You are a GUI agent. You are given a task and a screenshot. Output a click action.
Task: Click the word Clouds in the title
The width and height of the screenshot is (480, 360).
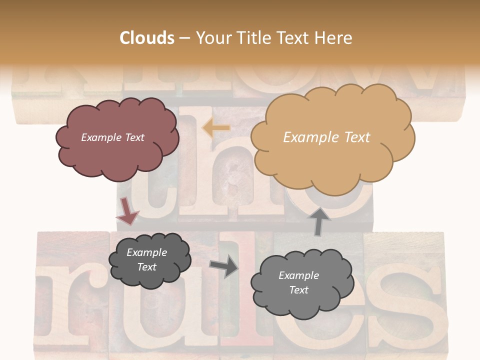147,38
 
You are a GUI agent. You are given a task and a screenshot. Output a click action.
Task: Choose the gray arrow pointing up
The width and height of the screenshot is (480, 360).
319,220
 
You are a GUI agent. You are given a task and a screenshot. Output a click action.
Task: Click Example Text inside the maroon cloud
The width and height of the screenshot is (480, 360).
112,137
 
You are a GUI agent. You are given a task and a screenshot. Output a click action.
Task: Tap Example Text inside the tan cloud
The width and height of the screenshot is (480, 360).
326,137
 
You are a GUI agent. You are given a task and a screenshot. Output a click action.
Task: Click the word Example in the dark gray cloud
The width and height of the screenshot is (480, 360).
146,253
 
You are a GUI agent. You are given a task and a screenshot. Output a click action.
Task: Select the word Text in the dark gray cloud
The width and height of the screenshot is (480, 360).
146,267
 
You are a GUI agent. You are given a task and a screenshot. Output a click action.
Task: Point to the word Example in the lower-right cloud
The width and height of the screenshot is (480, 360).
298,275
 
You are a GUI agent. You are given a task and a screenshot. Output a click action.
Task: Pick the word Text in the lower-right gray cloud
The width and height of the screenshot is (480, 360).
298,290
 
